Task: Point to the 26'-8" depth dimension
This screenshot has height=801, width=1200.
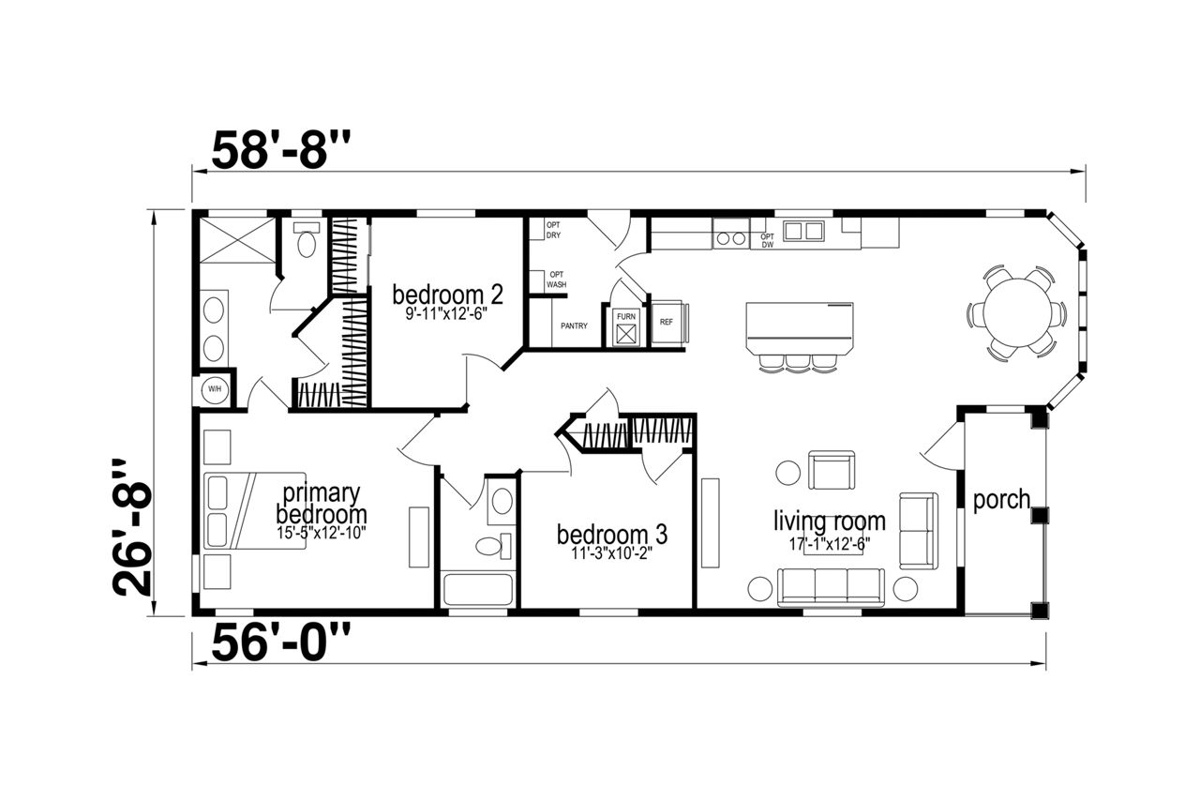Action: pyautogui.click(x=132, y=527)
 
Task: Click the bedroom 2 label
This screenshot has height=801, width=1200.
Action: pyautogui.click(x=447, y=295)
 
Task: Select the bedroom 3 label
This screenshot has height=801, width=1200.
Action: pyautogui.click(x=612, y=535)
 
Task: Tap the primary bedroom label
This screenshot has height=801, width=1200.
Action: pyautogui.click(x=322, y=504)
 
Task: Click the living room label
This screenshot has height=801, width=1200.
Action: pyautogui.click(x=830, y=521)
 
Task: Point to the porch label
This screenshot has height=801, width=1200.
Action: pyautogui.click(x=1001, y=500)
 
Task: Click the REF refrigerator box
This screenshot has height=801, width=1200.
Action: pyautogui.click(x=667, y=322)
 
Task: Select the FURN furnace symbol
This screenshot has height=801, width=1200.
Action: pyautogui.click(x=625, y=327)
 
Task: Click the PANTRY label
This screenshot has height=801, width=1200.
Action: pyautogui.click(x=574, y=326)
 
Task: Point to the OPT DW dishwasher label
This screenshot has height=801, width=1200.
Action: pyautogui.click(x=767, y=241)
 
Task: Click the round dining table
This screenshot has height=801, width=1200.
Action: pyautogui.click(x=1017, y=312)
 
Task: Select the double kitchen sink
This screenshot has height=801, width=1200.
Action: pyautogui.click(x=803, y=231)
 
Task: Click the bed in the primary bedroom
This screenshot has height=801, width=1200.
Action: pyautogui.click(x=255, y=510)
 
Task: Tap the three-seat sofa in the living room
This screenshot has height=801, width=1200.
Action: pyautogui.click(x=831, y=587)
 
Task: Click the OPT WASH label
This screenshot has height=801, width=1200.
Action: pyautogui.click(x=556, y=280)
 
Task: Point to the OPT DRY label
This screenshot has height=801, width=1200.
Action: pyautogui.click(x=553, y=231)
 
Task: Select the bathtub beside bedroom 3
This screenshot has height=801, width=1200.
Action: pyautogui.click(x=478, y=590)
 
